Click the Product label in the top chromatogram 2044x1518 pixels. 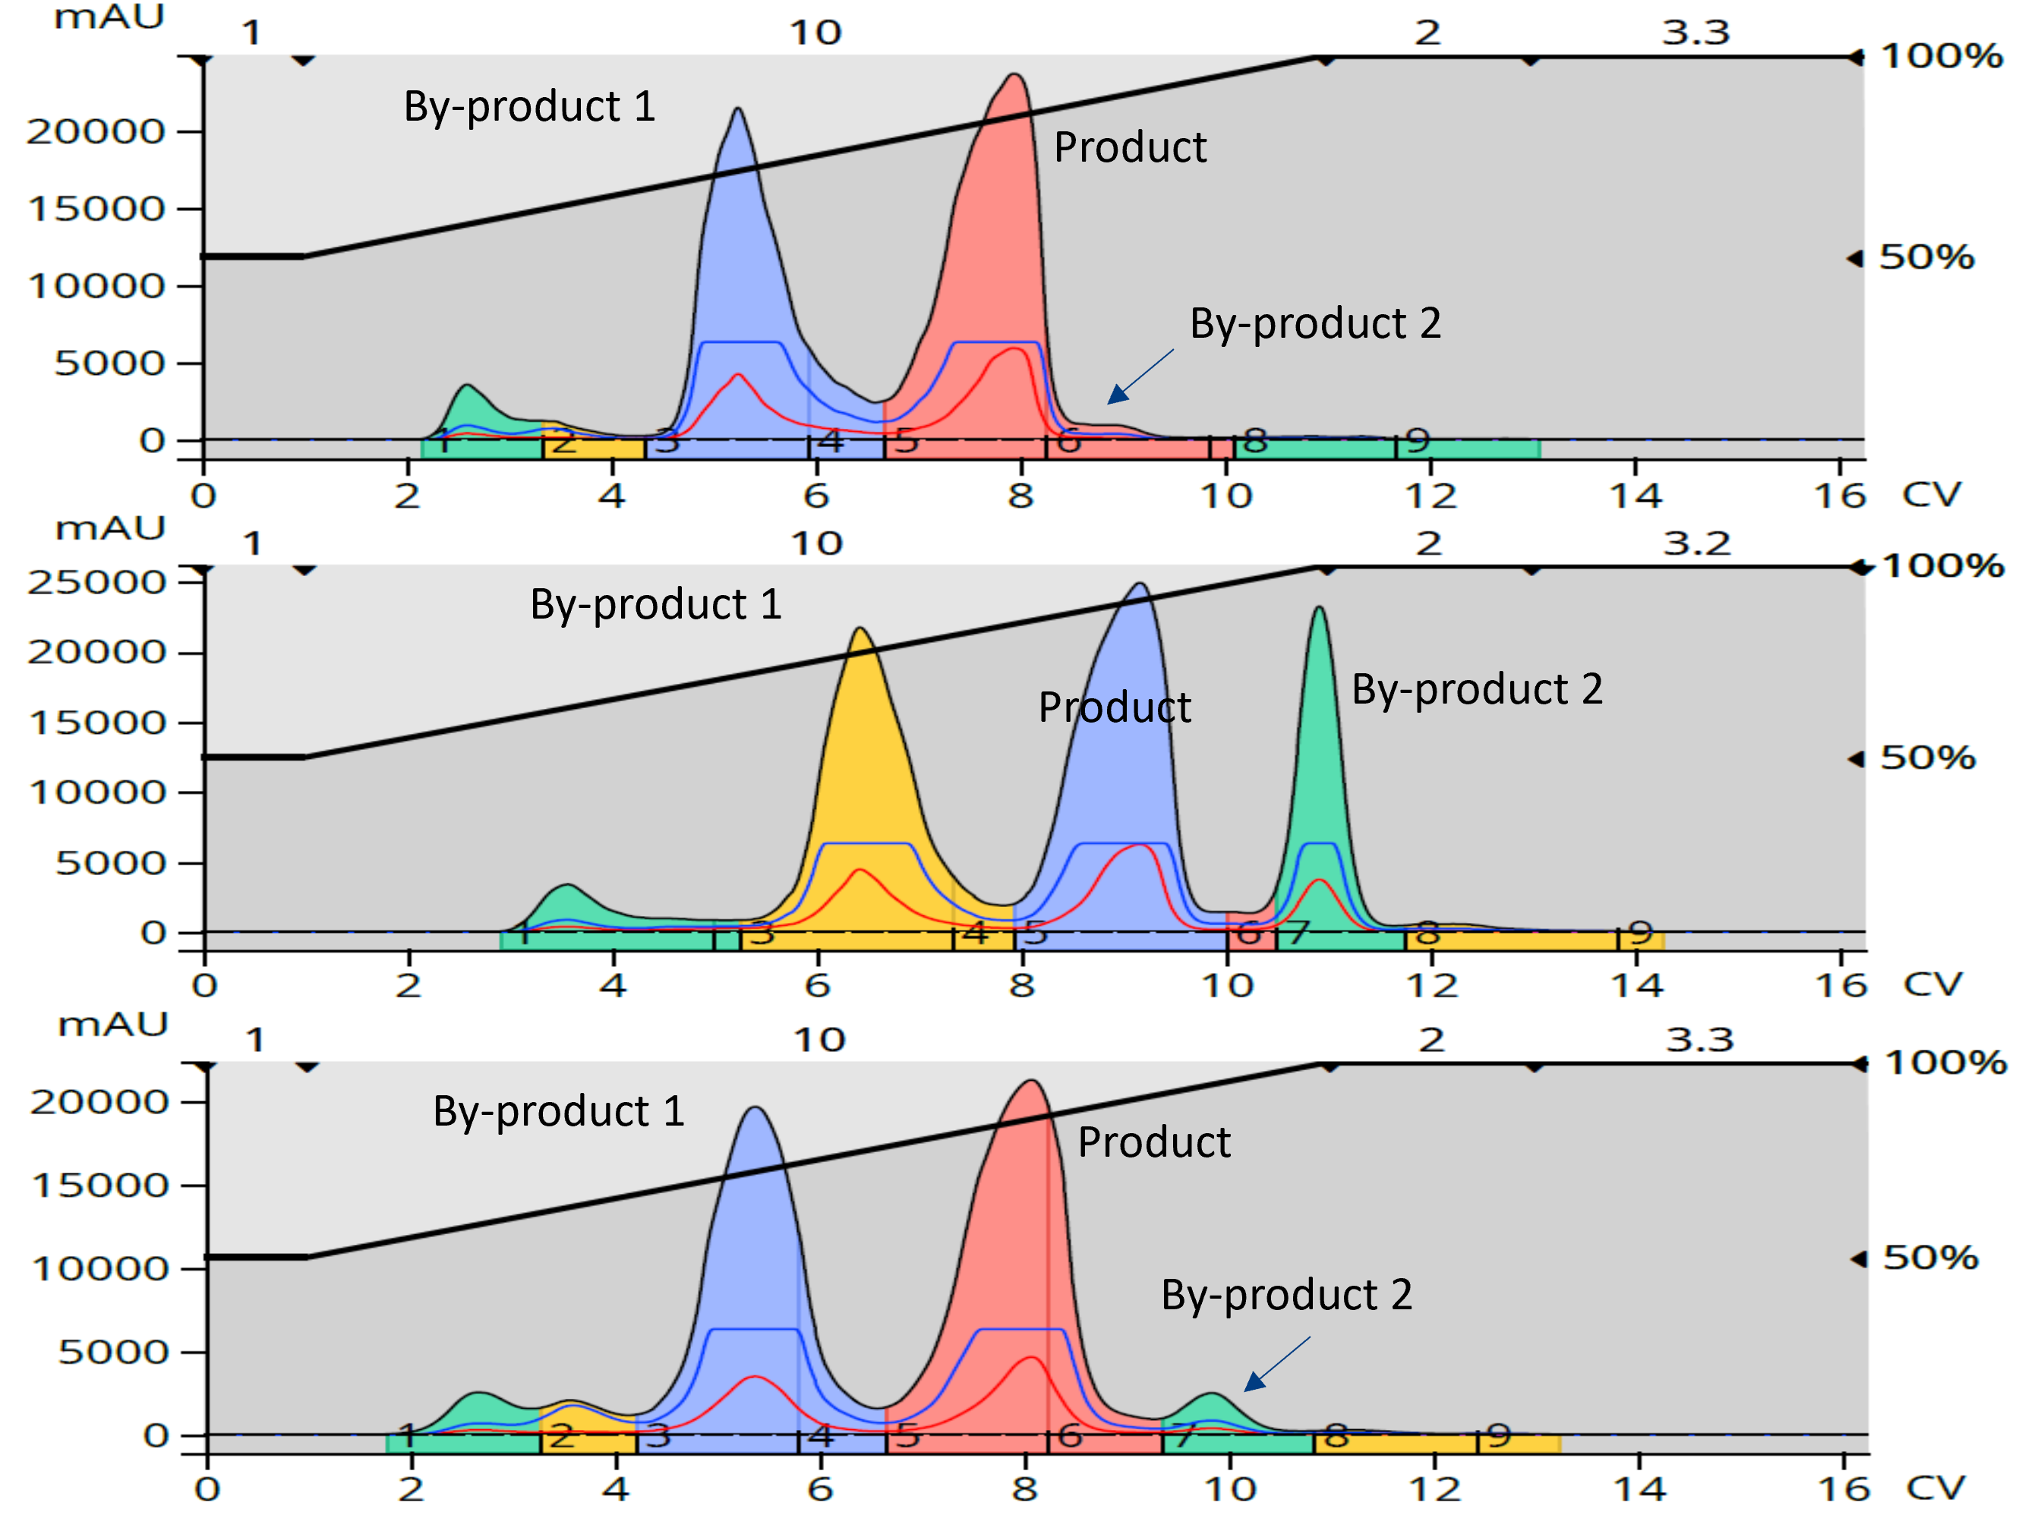click(x=1130, y=148)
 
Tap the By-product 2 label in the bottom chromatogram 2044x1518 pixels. click(x=1285, y=1295)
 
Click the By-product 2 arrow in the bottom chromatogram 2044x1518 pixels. click(x=1276, y=1364)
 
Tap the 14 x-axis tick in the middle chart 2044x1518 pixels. click(x=1637, y=986)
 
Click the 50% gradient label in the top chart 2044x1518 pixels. click(x=1926, y=257)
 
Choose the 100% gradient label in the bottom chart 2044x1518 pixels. click(x=1945, y=1063)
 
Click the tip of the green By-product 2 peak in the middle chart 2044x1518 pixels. click(x=1319, y=608)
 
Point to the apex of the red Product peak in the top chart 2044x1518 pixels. click(x=1014, y=75)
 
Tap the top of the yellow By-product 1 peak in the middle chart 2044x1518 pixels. click(x=860, y=629)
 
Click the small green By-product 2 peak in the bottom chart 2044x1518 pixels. click(x=1213, y=1397)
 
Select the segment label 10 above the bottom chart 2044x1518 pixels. click(x=819, y=1040)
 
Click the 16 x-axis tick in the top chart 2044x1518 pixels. click(x=1840, y=496)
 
